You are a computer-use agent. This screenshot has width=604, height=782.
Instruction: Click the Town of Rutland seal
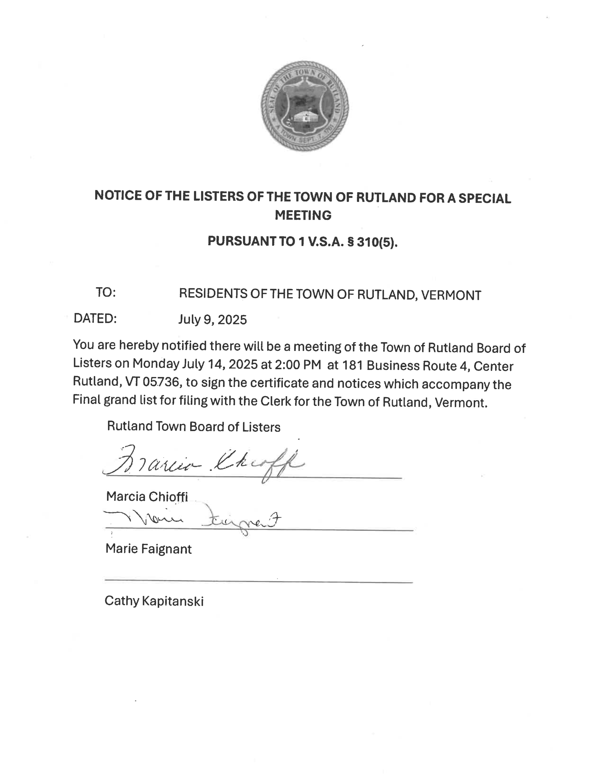[x=304, y=106]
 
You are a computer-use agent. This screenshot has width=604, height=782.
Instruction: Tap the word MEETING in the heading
[x=303, y=215]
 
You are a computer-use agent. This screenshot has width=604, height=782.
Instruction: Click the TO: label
[x=106, y=293]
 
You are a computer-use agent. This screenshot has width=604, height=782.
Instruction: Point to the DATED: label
[x=95, y=318]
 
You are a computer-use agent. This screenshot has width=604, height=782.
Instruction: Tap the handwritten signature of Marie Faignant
[x=193, y=520]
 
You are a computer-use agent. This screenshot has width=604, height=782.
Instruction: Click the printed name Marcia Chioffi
[x=147, y=497]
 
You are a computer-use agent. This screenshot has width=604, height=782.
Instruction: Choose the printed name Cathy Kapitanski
[x=154, y=601]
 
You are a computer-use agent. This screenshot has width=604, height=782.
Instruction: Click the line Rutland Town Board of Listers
[x=194, y=426]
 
